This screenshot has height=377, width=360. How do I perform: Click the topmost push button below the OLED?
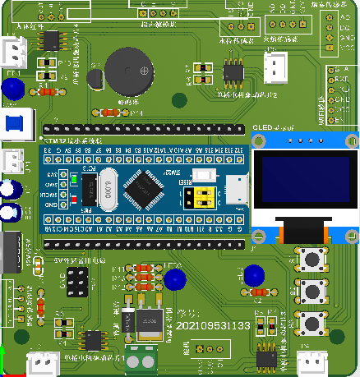point(312,260)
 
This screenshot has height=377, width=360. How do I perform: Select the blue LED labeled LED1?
point(13,89)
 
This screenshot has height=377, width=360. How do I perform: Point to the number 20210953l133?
point(213,327)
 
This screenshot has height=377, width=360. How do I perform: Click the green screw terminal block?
point(141,358)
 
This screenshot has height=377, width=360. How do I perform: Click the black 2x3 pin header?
point(78,284)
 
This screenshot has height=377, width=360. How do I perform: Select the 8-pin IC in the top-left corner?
point(52,39)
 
